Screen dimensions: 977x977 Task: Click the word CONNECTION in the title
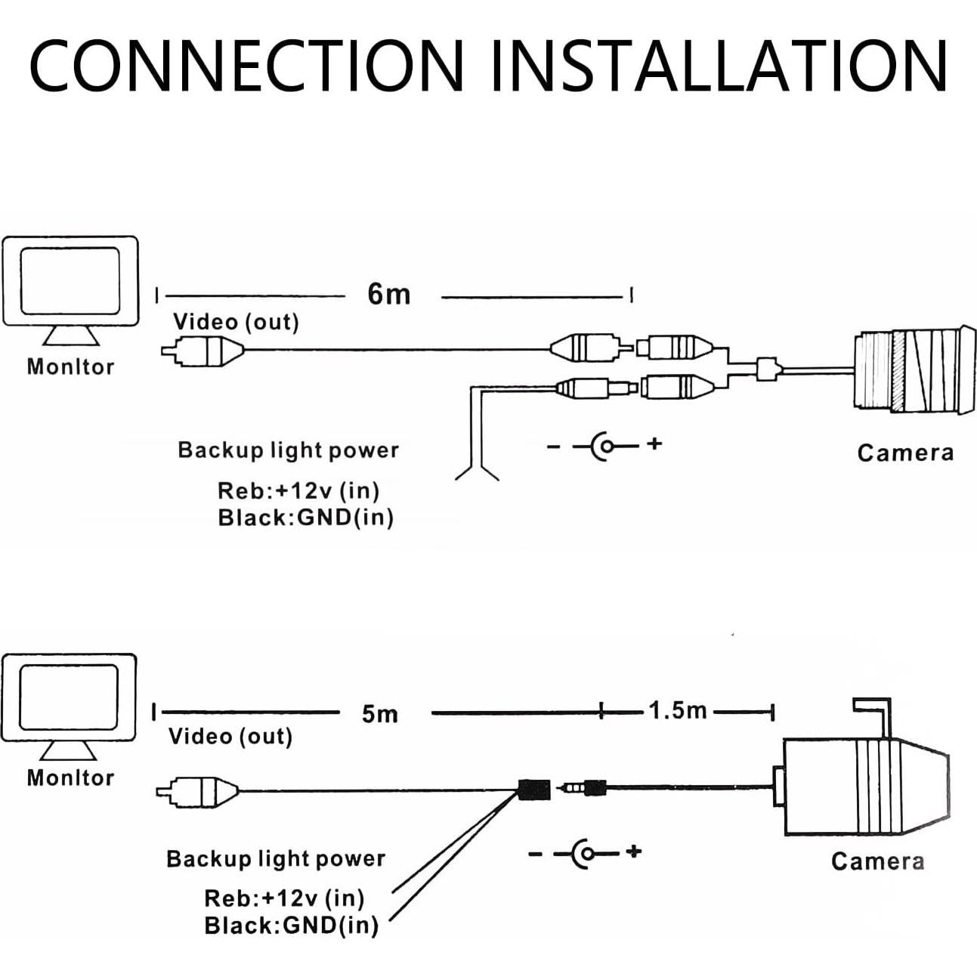[246, 65]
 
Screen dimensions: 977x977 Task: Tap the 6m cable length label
[389, 294]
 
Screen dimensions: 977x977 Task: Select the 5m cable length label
[379, 714]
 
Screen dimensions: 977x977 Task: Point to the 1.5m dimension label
[678, 711]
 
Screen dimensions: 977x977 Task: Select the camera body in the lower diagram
[861, 786]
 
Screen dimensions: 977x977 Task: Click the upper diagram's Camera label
[905, 453]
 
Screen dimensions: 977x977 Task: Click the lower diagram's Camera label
[877, 861]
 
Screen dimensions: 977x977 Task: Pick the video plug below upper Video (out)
[203, 351]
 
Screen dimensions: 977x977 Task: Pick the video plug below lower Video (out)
[197, 791]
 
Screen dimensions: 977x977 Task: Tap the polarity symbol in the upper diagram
[604, 445]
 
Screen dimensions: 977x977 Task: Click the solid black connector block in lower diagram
[534, 790]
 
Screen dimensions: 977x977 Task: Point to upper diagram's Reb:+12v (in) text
[298, 490]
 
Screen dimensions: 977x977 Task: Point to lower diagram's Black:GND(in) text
[291, 925]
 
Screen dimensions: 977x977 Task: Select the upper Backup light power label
[288, 450]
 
